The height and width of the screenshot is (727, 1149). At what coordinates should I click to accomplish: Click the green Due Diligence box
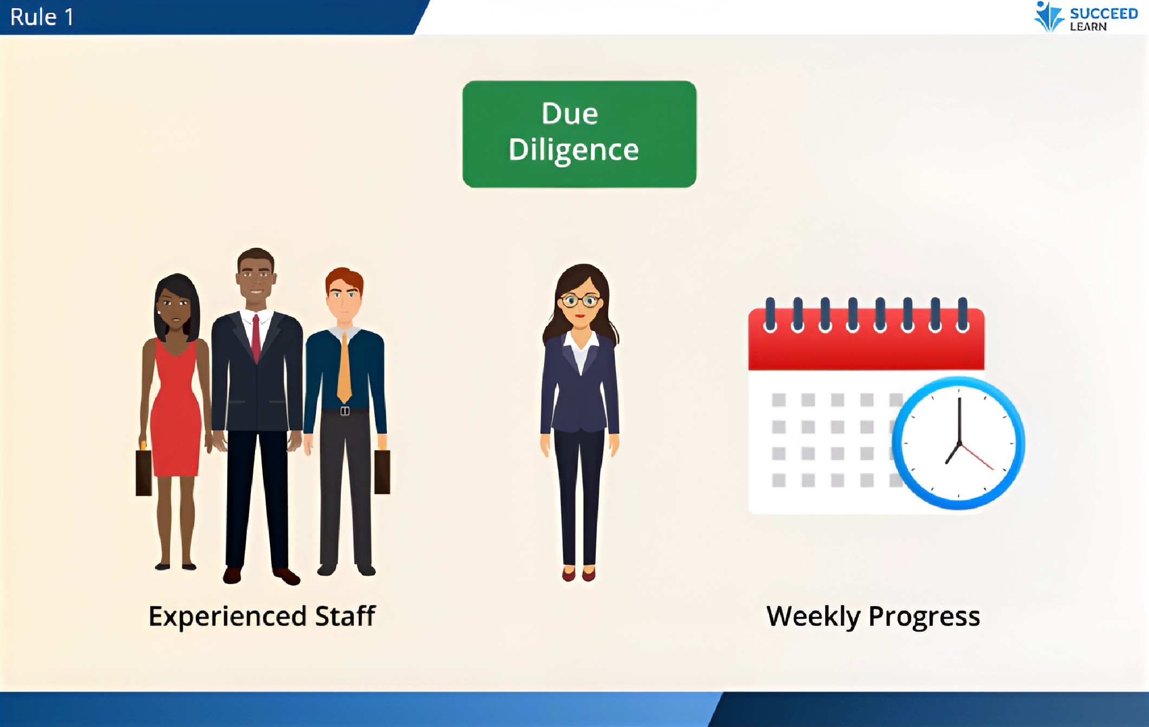point(579,134)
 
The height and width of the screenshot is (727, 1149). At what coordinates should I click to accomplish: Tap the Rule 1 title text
point(42,17)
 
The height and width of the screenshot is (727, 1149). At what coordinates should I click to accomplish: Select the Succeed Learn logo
point(1085,17)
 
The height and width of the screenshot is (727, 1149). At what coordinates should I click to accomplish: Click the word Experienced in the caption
point(228,617)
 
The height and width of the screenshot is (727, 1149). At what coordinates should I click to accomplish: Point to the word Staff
point(346,616)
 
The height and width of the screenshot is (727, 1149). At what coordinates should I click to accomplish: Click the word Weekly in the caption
point(813,617)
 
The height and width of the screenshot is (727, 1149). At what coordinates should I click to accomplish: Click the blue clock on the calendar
point(958,443)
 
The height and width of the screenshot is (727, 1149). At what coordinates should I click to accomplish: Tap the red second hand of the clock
point(976,456)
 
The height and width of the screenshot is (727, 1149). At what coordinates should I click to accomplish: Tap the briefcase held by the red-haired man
point(382,472)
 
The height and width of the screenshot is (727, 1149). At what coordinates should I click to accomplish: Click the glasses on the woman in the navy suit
point(580,300)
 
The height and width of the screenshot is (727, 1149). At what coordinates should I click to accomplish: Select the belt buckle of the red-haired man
point(345,411)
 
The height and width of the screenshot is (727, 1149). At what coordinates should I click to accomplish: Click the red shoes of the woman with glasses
point(579,574)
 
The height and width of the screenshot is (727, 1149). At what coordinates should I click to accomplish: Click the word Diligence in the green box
point(574,150)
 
